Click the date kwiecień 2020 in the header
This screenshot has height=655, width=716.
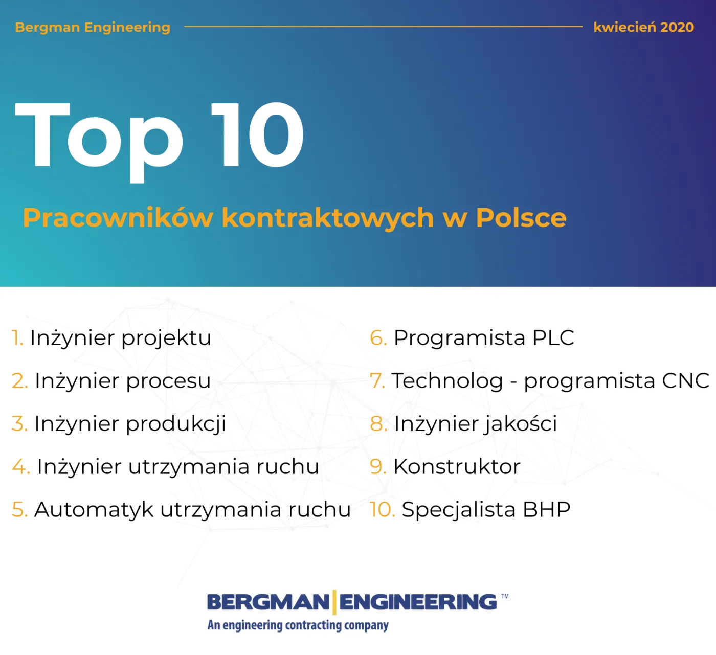coord(643,27)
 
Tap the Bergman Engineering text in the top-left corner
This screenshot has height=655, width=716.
coord(93,27)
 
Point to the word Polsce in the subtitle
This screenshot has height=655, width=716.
coord(521,218)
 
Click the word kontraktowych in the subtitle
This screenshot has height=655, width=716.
coord(328,218)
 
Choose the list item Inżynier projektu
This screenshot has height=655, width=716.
coord(120,338)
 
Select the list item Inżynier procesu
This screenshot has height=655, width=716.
coord(122,381)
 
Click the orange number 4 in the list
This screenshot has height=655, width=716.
coord(20,467)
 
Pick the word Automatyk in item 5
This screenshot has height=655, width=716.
coord(94,510)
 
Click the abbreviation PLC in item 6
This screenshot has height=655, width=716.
coord(553,338)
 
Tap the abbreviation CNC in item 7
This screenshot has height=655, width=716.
coord(685,381)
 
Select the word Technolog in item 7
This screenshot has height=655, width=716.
coord(447,381)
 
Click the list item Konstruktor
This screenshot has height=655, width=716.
coord(457,467)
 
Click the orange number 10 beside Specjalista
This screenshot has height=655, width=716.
coord(382,510)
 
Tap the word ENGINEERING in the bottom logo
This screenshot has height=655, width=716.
coord(418,602)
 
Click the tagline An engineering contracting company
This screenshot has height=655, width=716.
coord(298,625)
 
